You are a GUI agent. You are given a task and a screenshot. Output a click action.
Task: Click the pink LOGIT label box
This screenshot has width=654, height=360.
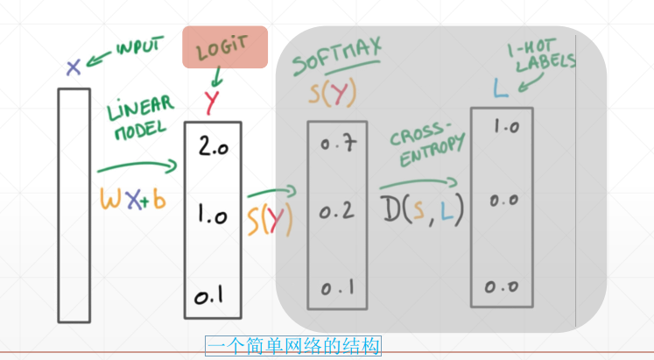click(224, 47)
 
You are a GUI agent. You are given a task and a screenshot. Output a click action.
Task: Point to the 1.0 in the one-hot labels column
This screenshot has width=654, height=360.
click(506, 127)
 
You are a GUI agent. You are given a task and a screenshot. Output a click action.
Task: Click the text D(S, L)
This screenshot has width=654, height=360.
click(421, 209)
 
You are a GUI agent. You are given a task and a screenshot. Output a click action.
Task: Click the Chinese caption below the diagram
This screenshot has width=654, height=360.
click(293, 347)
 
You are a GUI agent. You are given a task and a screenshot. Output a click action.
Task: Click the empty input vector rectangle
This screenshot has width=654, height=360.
click(74, 204)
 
